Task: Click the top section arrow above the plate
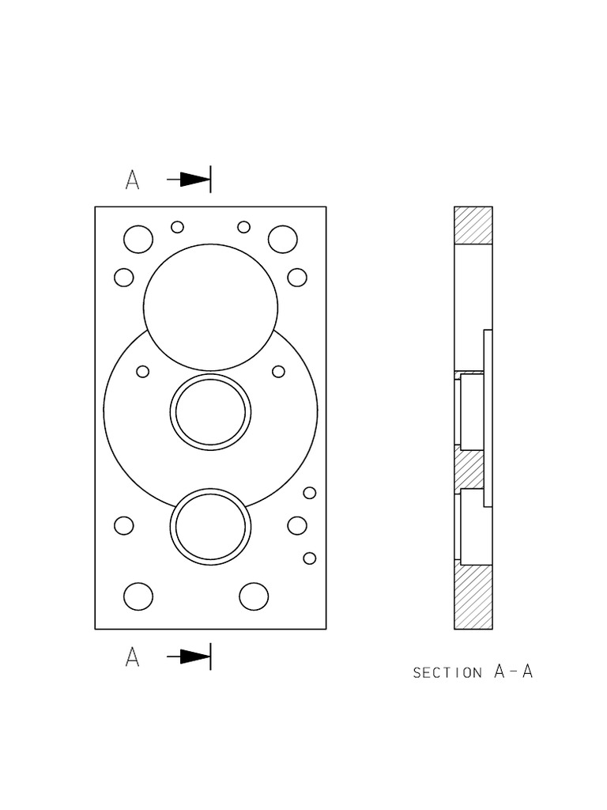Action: coord(190,180)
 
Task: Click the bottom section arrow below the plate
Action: coord(190,657)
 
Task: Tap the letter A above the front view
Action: coord(132,180)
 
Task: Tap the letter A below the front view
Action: coord(132,657)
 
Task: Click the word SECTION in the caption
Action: coord(447,673)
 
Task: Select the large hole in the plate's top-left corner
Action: coord(138,239)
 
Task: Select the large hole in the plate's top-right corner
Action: coord(282,239)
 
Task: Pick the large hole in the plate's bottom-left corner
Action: coord(138,596)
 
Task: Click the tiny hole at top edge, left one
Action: coord(178,227)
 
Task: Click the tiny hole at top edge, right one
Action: coord(244,227)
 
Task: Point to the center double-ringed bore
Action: coord(211,412)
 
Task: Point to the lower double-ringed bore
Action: coord(211,527)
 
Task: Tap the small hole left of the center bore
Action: coord(143,371)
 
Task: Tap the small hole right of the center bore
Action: coord(278,371)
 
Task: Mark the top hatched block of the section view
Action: coord(473,225)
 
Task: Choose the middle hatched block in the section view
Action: coord(472,469)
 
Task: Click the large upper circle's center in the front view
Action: coord(211,307)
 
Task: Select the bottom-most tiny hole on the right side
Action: coord(310,558)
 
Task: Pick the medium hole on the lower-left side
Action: coord(124,525)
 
